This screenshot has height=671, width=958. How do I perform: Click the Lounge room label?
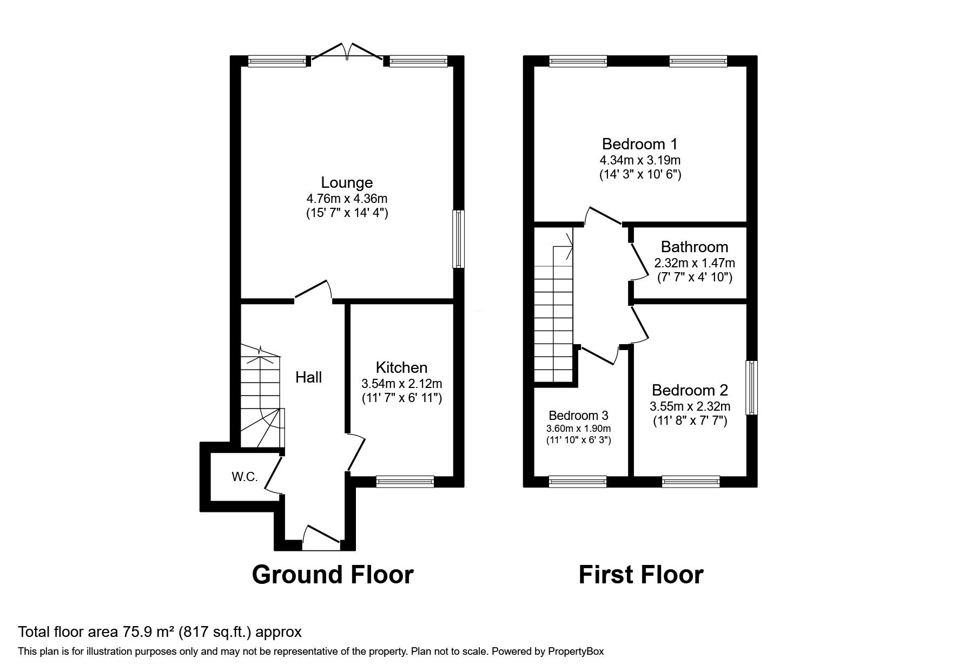tap(347, 182)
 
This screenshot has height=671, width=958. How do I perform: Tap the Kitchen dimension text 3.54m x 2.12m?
tap(401, 384)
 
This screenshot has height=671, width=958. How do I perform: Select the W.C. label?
tap(245, 477)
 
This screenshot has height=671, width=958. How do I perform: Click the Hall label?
tap(308, 377)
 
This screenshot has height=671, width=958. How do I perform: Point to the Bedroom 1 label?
tap(639, 144)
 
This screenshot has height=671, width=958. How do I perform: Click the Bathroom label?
tap(694, 247)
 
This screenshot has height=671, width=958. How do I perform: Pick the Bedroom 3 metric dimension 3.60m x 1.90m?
tap(578, 429)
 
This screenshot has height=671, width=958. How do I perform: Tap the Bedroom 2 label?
tap(690, 390)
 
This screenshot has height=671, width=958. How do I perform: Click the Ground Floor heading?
tap(332, 575)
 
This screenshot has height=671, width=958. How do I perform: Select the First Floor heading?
tap(640, 575)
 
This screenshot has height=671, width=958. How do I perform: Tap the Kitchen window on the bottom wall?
tap(405, 481)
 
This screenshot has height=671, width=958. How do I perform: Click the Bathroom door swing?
tap(638, 262)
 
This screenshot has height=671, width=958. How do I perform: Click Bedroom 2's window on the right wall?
tap(751, 387)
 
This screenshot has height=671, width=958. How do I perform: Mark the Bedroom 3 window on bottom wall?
tap(577, 481)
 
